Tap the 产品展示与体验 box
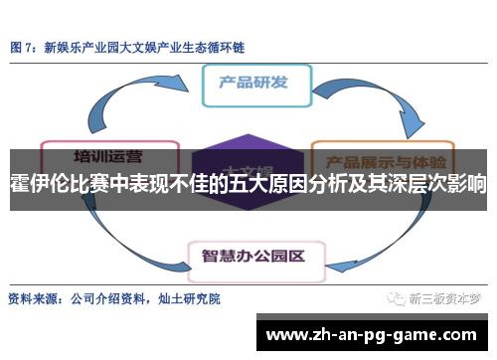tap(383, 158)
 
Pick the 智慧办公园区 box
tap(252, 228)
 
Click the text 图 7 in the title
tap(25, 47)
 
